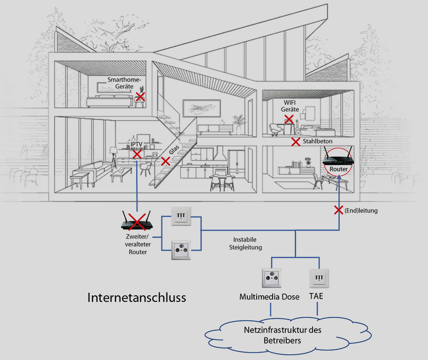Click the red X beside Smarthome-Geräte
(140, 97)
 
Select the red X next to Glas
(165, 161)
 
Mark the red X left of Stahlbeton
(296, 141)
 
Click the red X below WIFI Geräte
(290, 120)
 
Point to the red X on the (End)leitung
(338, 210)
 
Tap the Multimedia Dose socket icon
(271, 279)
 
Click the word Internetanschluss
(137, 298)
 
